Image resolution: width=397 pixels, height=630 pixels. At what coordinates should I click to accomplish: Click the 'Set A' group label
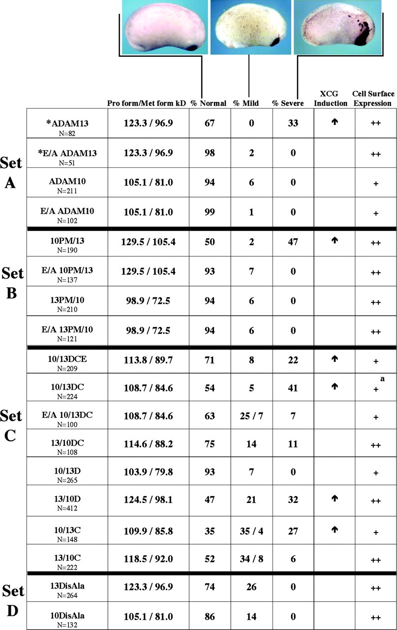[x=11, y=174]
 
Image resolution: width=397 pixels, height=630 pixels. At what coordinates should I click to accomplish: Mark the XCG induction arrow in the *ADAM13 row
[x=335, y=118]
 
